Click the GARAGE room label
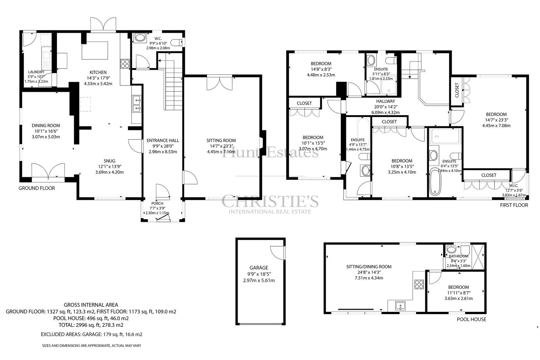[x=259, y=267]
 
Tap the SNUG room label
[x=109, y=161]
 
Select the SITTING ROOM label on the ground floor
[x=221, y=140]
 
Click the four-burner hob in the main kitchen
[x=125, y=64]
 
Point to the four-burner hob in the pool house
[x=419, y=284]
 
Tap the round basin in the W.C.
[x=140, y=38]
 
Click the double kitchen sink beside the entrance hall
[x=137, y=104]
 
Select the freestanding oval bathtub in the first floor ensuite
[x=435, y=181]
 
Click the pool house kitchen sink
[x=401, y=306]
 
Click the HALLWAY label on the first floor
[x=385, y=101]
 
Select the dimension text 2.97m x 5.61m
[x=259, y=280]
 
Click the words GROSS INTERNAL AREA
[x=91, y=305]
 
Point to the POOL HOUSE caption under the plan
[x=471, y=319]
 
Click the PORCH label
[x=157, y=204]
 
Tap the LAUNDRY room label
[x=36, y=72]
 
